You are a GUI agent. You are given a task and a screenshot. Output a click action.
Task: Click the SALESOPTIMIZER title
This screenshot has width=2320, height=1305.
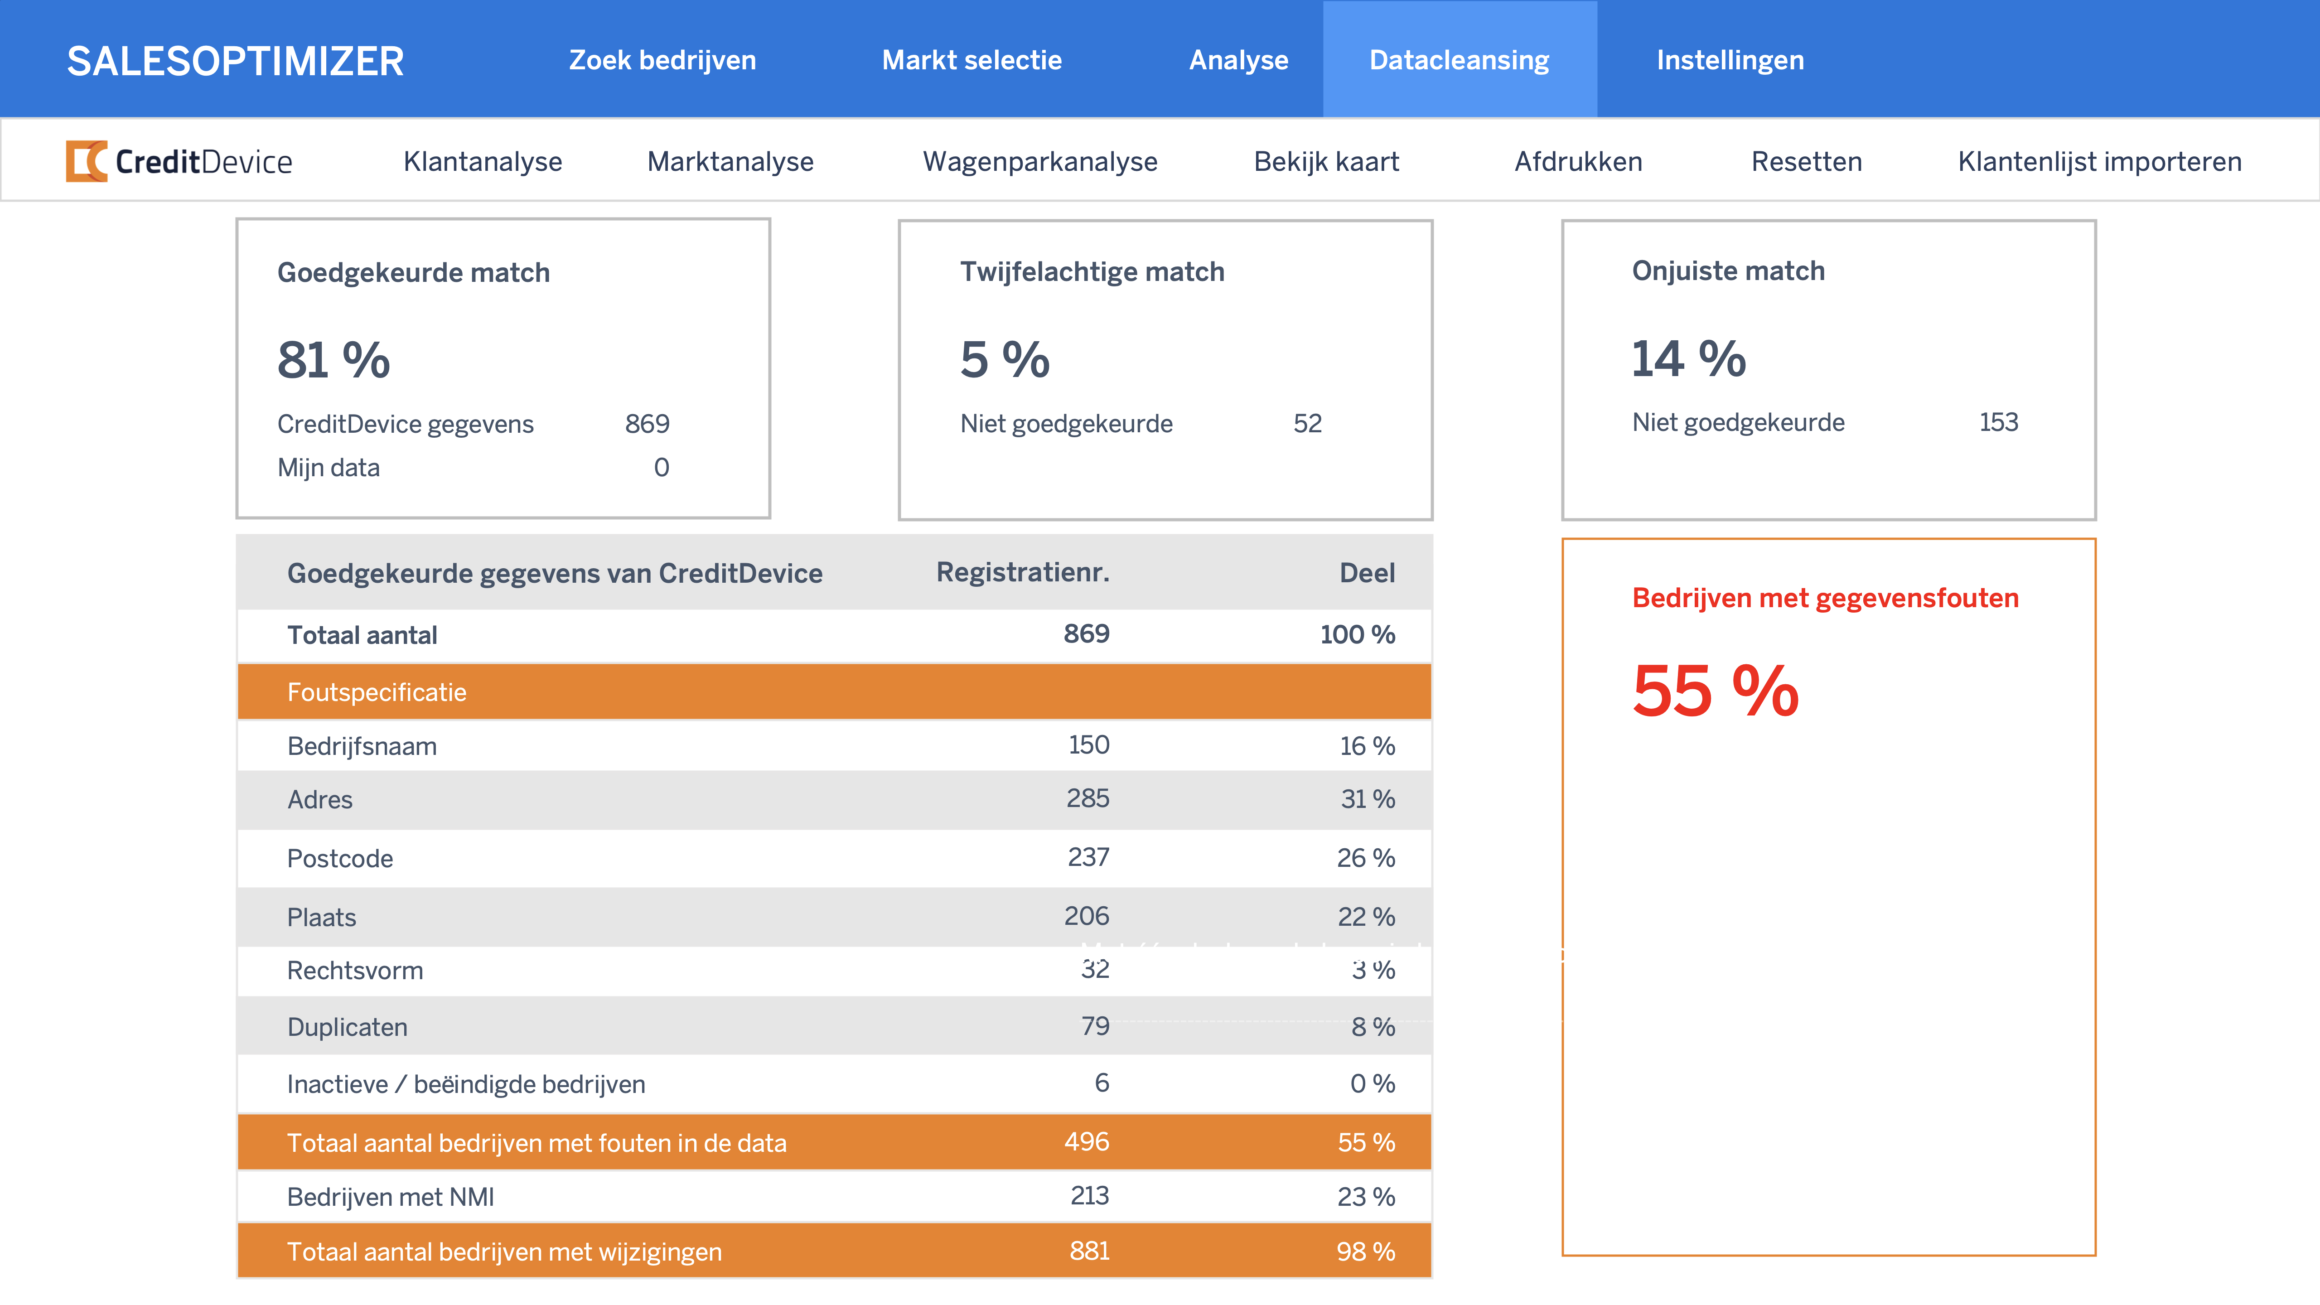click(235, 61)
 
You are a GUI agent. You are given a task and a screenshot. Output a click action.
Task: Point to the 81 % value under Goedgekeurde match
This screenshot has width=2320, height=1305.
click(333, 360)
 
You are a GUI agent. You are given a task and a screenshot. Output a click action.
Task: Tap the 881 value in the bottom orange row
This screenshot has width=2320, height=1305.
click(1089, 1251)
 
